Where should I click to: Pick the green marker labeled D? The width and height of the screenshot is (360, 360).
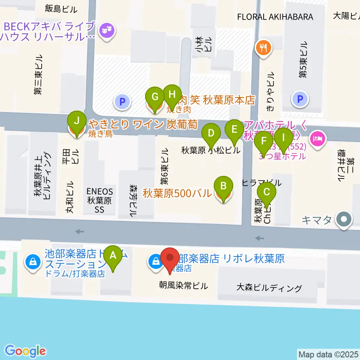tap(211, 133)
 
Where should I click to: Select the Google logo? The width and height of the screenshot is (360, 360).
tap(25, 351)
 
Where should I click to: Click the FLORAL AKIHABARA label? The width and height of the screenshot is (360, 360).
tap(275, 17)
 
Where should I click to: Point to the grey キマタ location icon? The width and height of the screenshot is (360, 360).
tap(344, 220)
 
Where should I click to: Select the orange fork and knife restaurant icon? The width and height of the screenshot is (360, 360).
tap(264, 48)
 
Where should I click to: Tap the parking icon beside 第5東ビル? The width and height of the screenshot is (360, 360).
tap(300, 99)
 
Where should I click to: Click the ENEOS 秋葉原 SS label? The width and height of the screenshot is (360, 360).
tap(99, 200)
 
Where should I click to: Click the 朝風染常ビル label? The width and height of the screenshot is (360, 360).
tap(183, 286)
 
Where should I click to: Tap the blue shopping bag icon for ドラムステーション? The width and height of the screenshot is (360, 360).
tap(33, 261)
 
